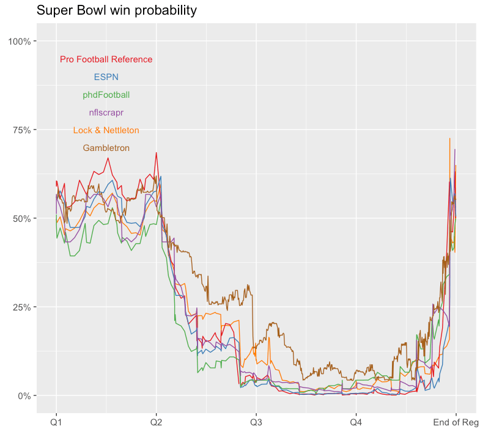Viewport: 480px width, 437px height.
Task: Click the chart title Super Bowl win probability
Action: coord(117,10)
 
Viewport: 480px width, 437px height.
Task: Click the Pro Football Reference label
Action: coord(106,59)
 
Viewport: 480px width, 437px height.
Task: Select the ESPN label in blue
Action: coord(106,77)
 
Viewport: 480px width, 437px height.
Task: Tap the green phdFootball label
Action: coord(106,95)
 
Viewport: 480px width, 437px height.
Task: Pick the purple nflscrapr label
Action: coord(106,112)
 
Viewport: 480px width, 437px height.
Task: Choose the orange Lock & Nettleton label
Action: coord(106,130)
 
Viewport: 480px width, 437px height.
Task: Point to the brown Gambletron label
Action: coord(106,148)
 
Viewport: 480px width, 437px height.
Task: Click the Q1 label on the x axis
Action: coord(56,422)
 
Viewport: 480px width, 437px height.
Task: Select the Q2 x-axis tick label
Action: coord(156,422)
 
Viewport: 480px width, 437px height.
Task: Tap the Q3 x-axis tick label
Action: coord(256,422)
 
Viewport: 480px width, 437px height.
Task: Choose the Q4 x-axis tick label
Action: coord(356,422)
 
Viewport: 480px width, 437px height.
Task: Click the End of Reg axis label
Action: coord(456,422)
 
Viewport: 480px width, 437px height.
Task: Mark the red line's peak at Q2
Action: coord(156,153)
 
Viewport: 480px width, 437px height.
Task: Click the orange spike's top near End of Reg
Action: coord(450,139)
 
